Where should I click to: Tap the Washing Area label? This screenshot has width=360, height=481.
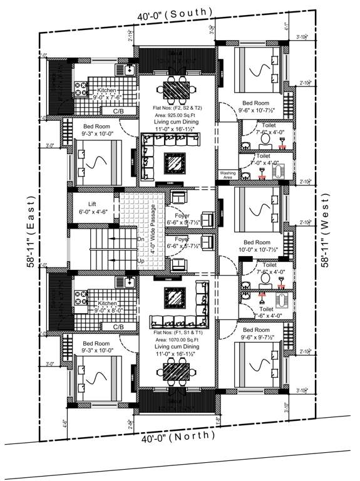click(x=226, y=175)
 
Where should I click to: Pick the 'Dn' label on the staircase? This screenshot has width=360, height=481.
click(x=141, y=239)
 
